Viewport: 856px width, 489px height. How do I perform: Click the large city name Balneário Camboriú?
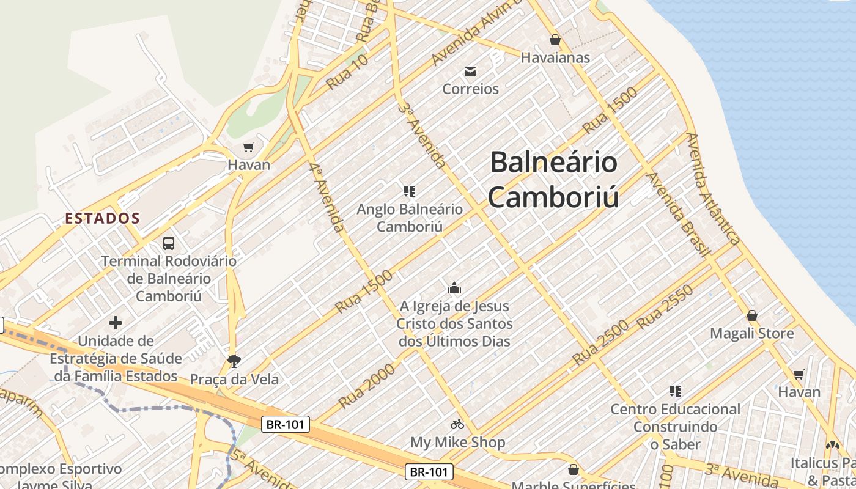coord(553,180)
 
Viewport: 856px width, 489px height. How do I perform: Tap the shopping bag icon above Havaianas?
coord(555,40)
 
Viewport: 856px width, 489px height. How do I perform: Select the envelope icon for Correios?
coord(470,72)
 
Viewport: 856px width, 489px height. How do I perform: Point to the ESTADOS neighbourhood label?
coord(103,218)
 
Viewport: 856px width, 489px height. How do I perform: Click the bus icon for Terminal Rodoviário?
coord(169,243)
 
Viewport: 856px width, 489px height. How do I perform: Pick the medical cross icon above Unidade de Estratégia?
coord(116,323)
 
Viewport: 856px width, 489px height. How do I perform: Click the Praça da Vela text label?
coord(234,380)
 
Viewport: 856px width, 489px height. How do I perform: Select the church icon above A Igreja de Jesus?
coord(454,288)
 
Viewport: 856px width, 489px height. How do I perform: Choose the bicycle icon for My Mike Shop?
coord(457,424)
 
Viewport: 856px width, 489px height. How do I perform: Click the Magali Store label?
coord(751,334)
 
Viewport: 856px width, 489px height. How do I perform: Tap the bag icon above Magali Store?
coord(752,316)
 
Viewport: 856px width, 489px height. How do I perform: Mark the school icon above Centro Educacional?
coord(676,391)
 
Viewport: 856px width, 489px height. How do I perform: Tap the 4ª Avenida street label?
coord(327,197)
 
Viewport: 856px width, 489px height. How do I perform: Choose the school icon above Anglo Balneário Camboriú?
coord(410,191)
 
